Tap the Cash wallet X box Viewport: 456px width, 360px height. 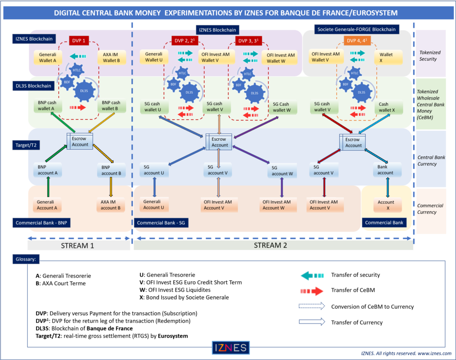click(387, 107)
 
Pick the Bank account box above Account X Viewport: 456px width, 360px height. click(385, 170)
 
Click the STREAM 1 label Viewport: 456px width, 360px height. click(79, 245)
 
